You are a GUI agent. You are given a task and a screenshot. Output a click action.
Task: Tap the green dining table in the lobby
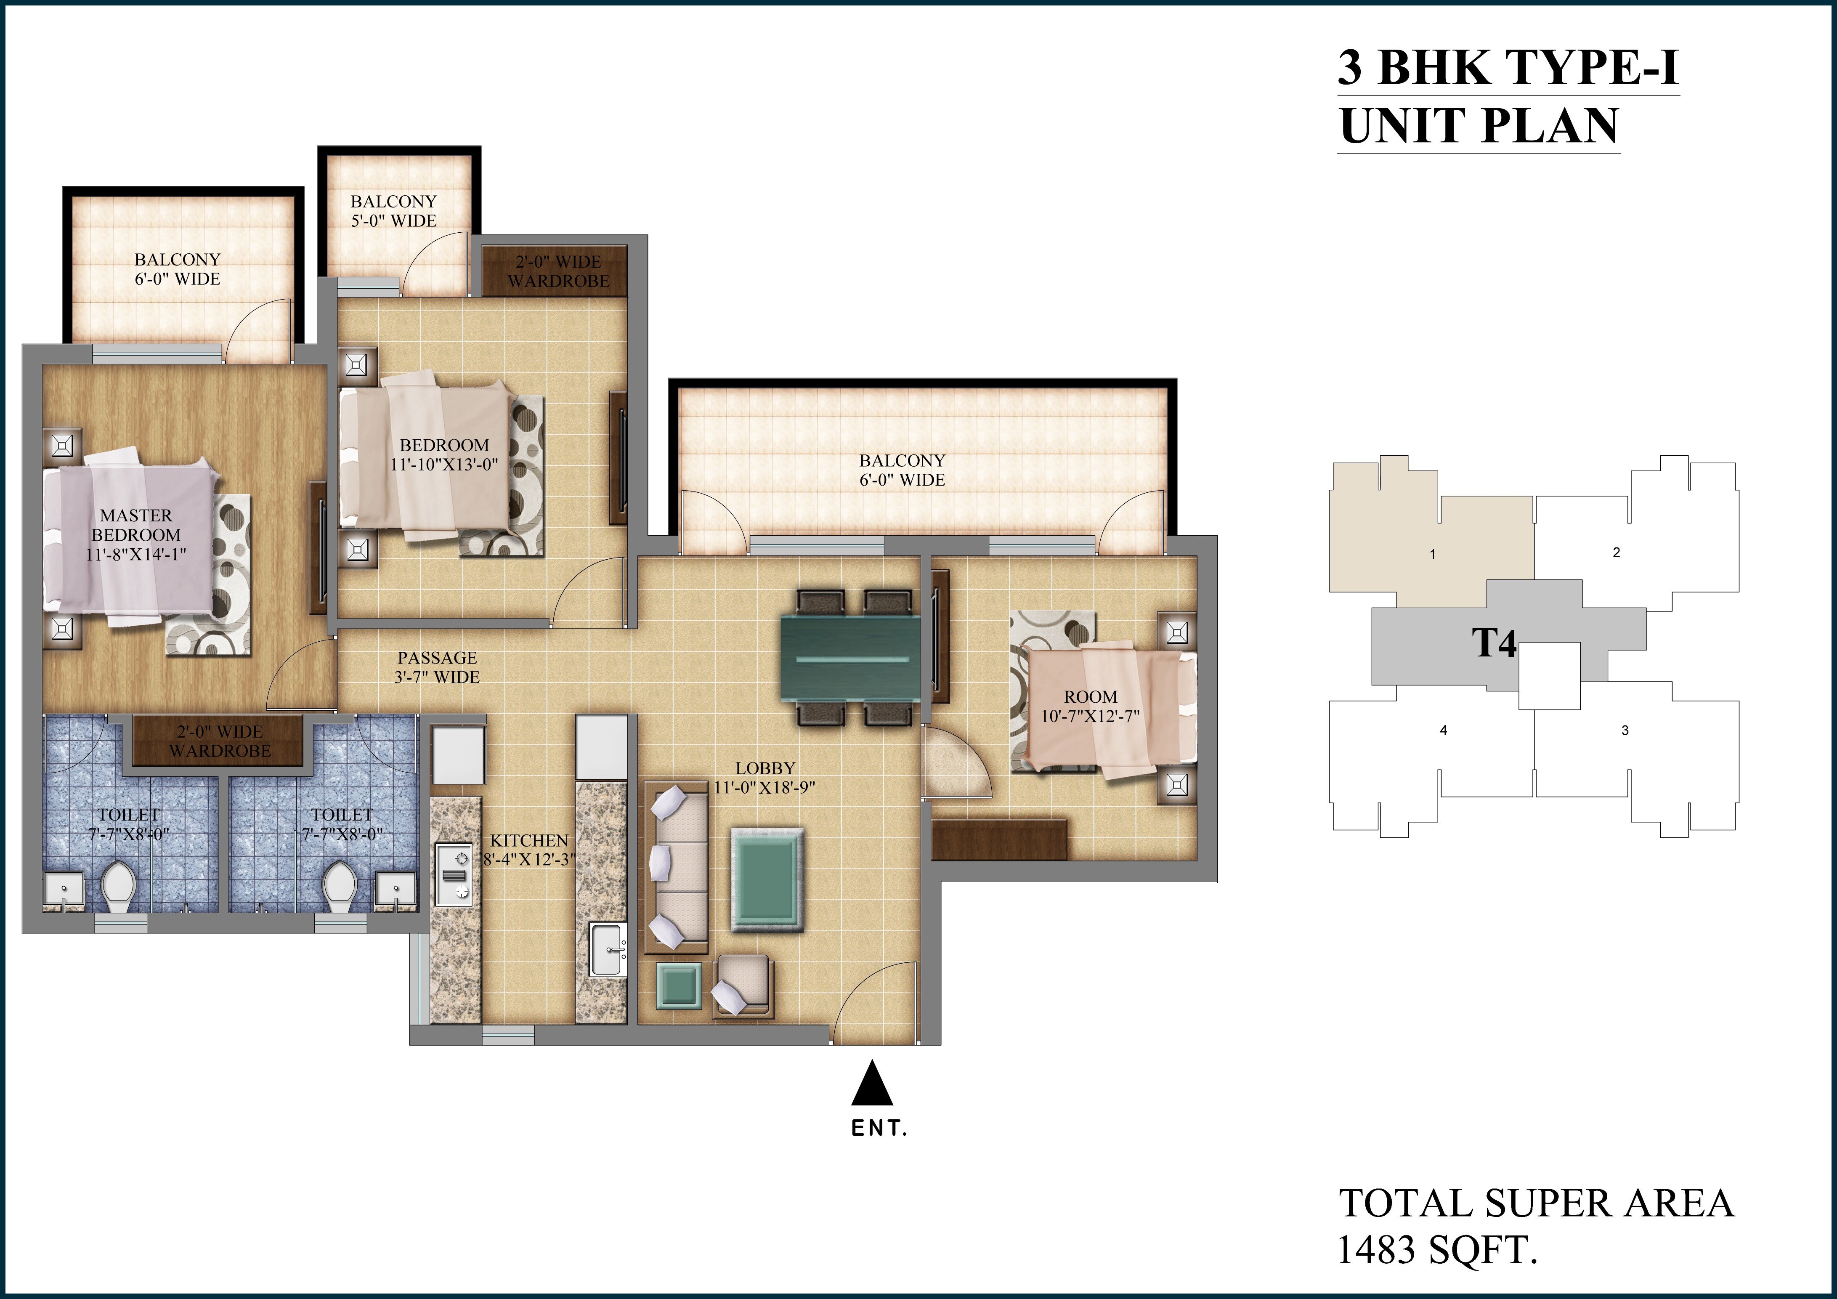point(849,659)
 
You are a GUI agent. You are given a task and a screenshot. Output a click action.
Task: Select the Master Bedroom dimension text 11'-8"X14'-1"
point(136,554)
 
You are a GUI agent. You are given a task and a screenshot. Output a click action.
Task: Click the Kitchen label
point(529,840)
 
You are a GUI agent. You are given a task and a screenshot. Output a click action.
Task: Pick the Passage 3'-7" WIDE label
point(438,667)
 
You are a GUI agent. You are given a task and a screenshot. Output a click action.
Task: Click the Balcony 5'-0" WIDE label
point(394,211)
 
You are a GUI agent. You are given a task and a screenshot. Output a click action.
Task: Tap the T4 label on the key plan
point(1494,643)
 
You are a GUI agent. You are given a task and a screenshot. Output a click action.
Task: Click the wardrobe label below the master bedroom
point(219,741)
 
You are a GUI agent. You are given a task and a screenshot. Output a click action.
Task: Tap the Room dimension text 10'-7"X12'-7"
point(1090,715)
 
